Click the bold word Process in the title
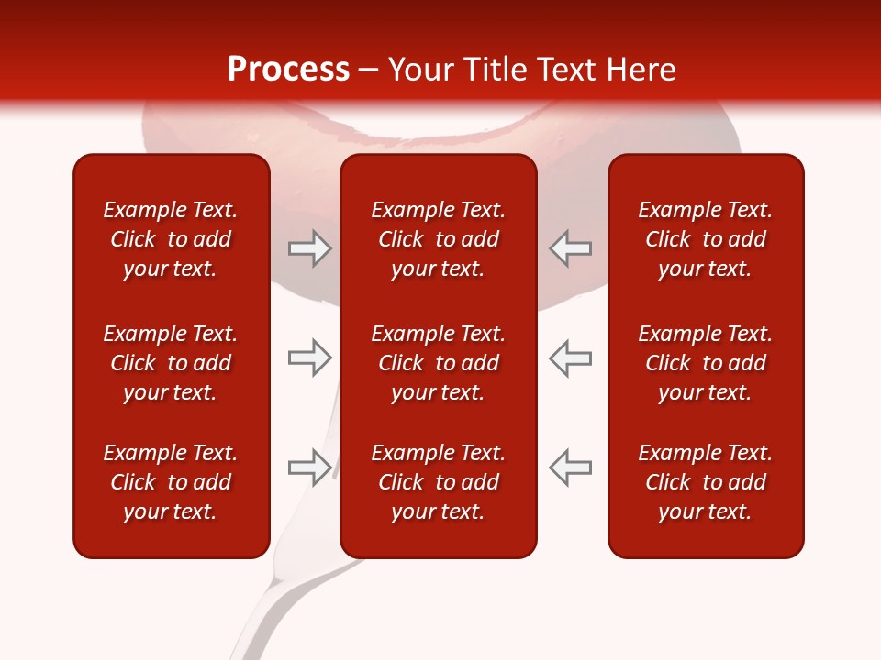pyautogui.click(x=288, y=70)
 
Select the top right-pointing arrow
pyautogui.click(x=309, y=248)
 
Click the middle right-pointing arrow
pyautogui.click(x=309, y=357)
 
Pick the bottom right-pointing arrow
pyautogui.click(x=309, y=467)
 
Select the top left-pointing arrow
pyautogui.click(x=570, y=248)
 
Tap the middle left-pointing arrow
pyautogui.click(x=570, y=357)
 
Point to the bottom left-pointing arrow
pyautogui.click(x=570, y=467)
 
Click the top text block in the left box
pyautogui.click(x=171, y=239)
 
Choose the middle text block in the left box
pyautogui.click(x=171, y=363)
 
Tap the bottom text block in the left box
pyautogui.click(x=171, y=482)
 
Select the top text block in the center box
pyautogui.click(x=438, y=239)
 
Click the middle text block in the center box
pyautogui.click(x=438, y=363)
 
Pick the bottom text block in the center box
pyautogui.click(x=438, y=482)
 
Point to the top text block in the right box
pyautogui.click(x=705, y=239)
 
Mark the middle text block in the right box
pyautogui.click(x=705, y=363)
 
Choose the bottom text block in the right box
pyautogui.click(x=705, y=482)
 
